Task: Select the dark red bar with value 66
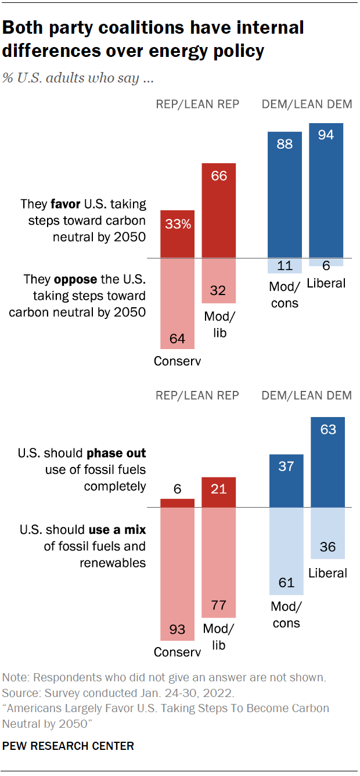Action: pyautogui.click(x=218, y=210)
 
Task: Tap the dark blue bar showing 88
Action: pyautogui.click(x=285, y=195)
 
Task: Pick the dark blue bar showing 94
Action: pyautogui.click(x=326, y=191)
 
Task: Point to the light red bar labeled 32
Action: pyautogui.click(x=218, y=281)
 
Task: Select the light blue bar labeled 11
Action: pyautogui.click(x=285, y=265)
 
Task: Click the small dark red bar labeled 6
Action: pyautogui.click(x=177, y=503)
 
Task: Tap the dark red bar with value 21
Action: pyautogui.click(x=218, y=492)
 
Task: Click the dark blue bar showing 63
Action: pyautogui.click(x=328, y=462)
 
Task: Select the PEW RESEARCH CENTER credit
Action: pyautogui.click(x=68, y=746)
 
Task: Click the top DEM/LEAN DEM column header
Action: pyautogui.click(x=307, y=105)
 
